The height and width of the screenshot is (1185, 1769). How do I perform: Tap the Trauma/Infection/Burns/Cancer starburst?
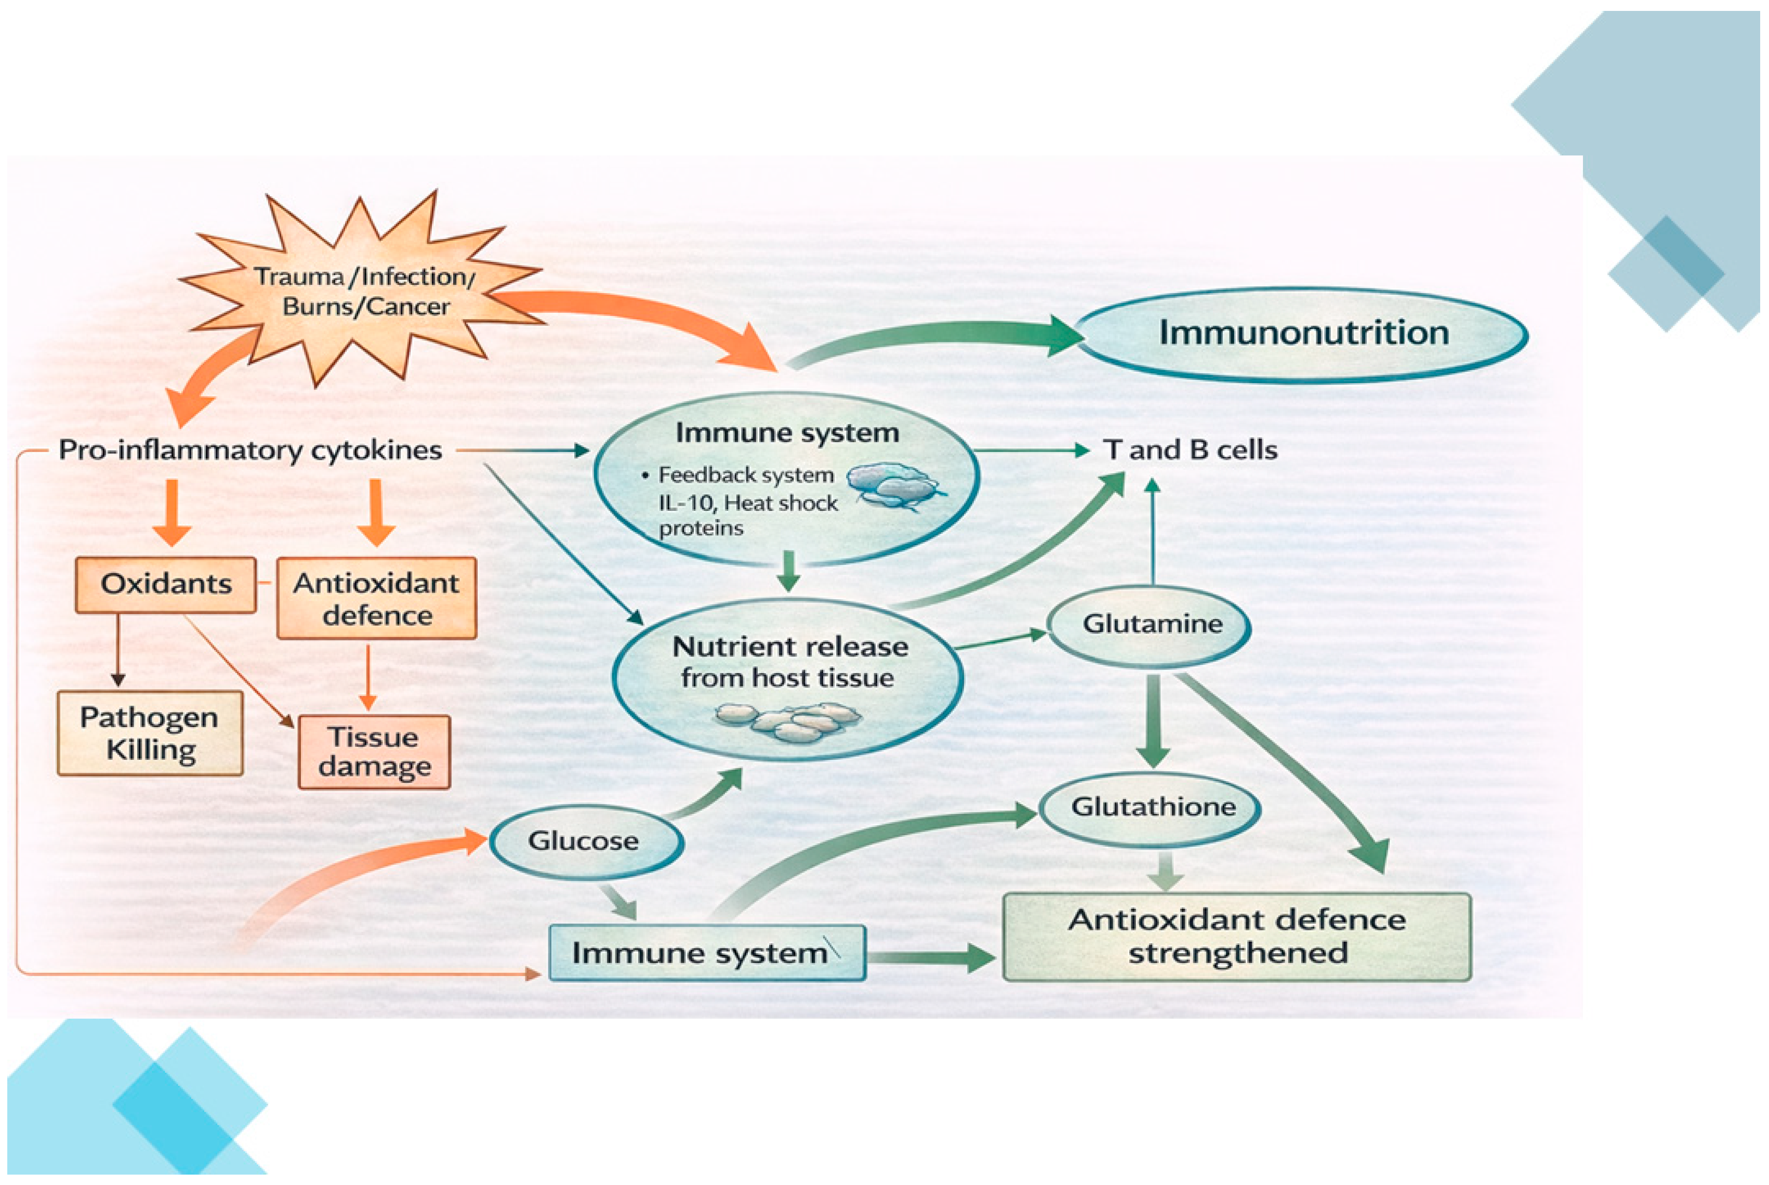(x=363, y=291)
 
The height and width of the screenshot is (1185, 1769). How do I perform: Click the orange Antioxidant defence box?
(x=376, y=599)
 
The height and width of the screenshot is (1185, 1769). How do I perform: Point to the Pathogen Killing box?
(x=150, y=733)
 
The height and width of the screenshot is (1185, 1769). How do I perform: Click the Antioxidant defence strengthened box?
(x=1236, y=937)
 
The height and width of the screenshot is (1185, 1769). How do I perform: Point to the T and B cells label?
(x=1190, y=451)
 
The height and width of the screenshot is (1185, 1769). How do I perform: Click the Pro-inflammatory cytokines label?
(x=250, y=451)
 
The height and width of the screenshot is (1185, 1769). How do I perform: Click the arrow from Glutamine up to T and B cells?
(x=1152, y=533)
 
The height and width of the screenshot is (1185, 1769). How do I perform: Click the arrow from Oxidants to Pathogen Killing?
(x=117, y=650)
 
